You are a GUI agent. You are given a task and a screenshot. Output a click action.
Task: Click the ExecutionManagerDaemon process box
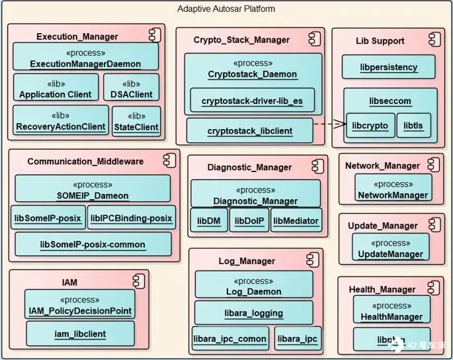[86, 56]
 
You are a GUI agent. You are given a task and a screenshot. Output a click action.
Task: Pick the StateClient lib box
[136, 121]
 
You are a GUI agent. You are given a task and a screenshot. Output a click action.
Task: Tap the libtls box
[413, 125]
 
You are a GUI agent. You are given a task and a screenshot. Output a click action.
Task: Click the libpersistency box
[389, 67]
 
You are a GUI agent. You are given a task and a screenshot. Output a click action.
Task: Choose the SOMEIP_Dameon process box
[93, 189]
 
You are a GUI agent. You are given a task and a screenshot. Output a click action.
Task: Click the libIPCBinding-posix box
[132, 217]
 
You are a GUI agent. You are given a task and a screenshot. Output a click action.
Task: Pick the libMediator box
[296, 220]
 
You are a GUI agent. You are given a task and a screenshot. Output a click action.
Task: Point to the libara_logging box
[253, 312]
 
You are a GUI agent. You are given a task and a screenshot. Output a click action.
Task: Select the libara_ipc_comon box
[229, 338]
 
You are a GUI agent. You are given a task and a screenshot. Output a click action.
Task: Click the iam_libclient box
[80, 335]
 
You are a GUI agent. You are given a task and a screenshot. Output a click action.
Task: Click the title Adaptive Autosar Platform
[226, 9]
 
